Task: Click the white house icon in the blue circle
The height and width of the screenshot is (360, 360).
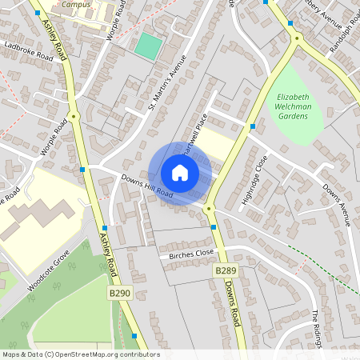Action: coord(180,173)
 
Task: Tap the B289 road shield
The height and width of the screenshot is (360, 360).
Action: coord(225,272)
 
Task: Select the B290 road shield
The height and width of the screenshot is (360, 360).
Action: coord(119,294)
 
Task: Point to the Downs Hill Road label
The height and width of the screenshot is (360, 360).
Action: coord(147,186)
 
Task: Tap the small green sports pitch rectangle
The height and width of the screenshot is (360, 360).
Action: coord(147,45)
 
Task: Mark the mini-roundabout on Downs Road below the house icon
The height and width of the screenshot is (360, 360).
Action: coord(210,210)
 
